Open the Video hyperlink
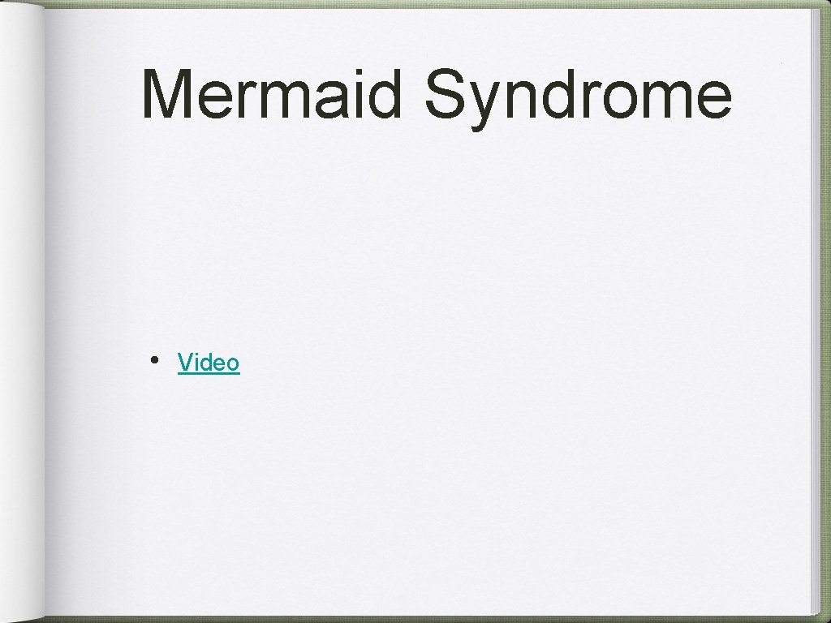[x=209, y=363]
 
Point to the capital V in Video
[x=185, y=362]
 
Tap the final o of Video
[x=233, y=364]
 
